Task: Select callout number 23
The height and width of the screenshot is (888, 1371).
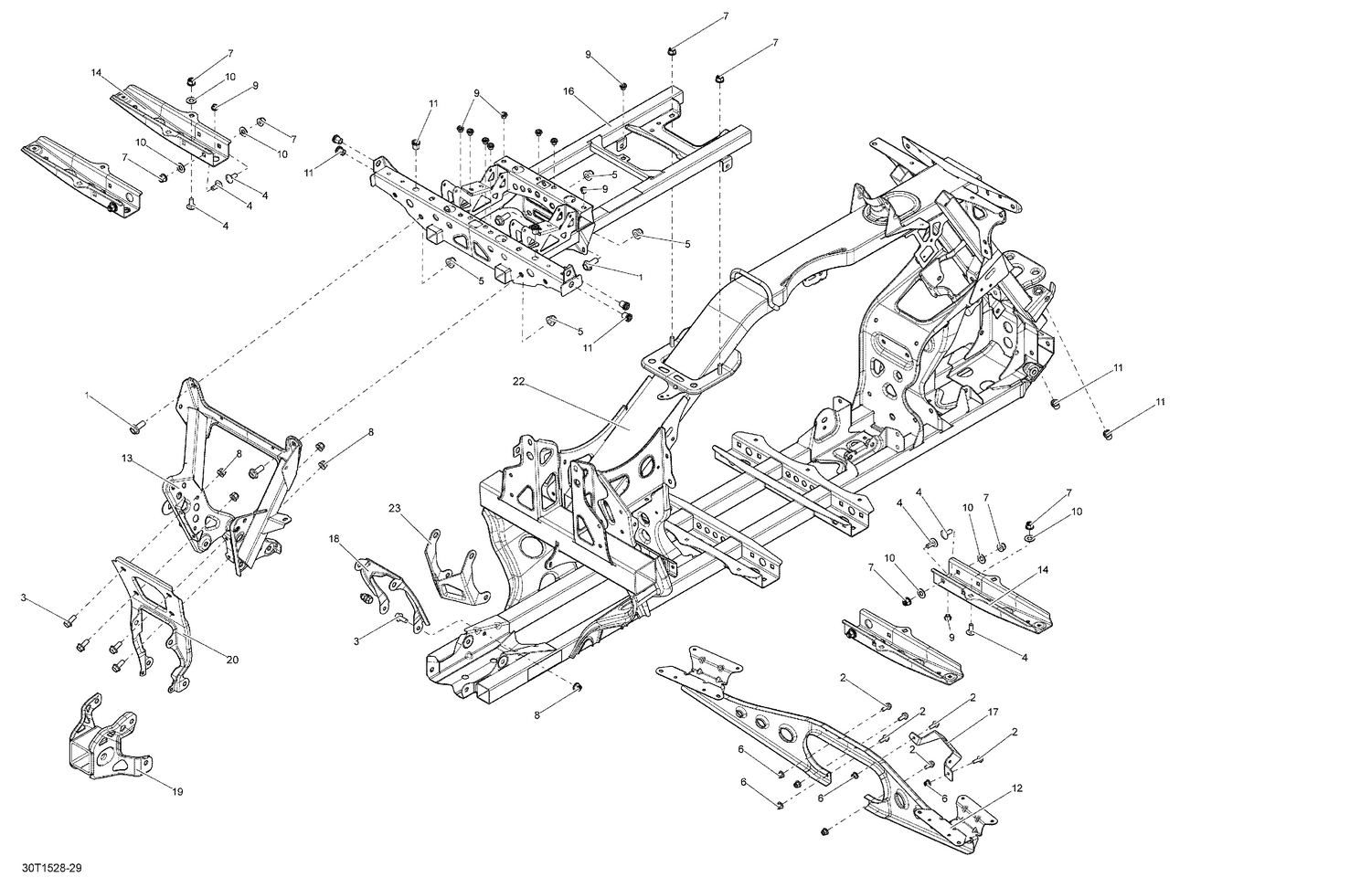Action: pyautogui.click(x=394, y=508)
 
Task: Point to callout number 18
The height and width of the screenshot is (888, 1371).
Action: pyautogui.click(x=334, y=540)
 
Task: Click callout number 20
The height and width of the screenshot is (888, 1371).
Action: pyautogui.click(x=232, y=660)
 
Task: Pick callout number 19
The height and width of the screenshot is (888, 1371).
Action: pyautogui.click(x=177, y=791)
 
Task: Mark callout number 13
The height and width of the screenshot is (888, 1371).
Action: pyautogui.click(x=126, y=458)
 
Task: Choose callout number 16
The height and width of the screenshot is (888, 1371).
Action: pyautogui.click(x=568, y=92)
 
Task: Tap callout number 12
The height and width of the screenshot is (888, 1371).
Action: pyautogui.click(x=1017, y=788)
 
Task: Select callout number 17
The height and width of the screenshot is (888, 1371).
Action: pyautogui.click(x=993, y=712)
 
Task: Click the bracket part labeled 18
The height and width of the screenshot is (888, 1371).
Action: pyautogui.click(x=388, y=585)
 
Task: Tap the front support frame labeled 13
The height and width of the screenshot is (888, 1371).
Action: pyautogui.click(x=228, y=475)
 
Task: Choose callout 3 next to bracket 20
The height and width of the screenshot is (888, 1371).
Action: pyautogui.click(x=24, y=597)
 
